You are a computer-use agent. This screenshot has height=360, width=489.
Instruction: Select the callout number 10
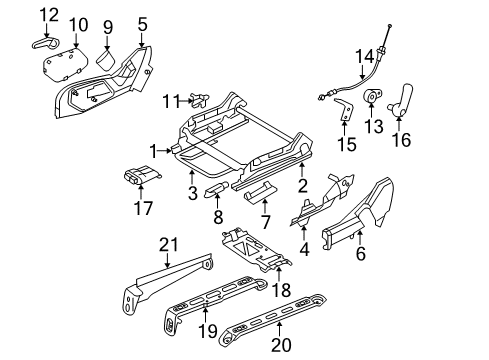tap(79, 24)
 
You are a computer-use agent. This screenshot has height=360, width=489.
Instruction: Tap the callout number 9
tap(109, 25)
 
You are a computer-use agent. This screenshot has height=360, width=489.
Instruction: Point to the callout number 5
tap(142, 23)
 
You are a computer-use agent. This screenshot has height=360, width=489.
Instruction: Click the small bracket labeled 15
tap(343, 112)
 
